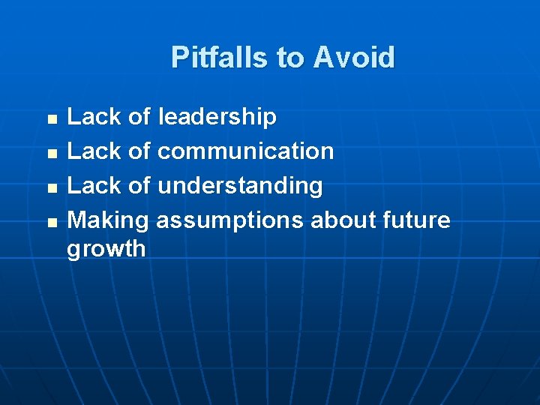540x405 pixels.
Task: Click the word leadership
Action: (217, 117)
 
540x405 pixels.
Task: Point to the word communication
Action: (245, 151)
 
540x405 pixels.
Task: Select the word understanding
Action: (240, 186)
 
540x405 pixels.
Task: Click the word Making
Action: (108, 220)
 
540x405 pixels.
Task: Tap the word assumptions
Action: (229, 220)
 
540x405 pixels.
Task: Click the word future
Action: (416, 220)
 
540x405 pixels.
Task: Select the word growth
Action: (106, 249)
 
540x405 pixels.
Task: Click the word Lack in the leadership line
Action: (94, 117)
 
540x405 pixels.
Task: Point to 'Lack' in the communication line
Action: (94, 151)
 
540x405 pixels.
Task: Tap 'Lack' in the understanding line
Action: (94, 186)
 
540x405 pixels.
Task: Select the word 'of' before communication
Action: (139, 151)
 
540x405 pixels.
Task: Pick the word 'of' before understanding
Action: (139, 186)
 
